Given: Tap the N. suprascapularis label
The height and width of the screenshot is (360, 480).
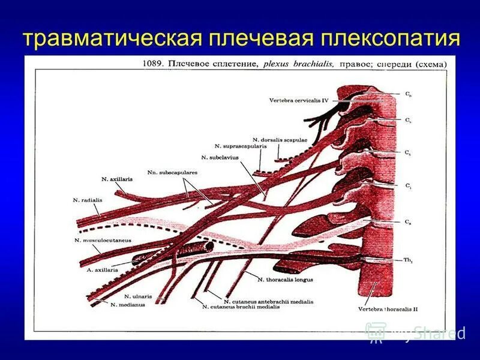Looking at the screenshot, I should [240, 146].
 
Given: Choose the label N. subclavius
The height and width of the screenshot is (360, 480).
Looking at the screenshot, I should [220, 157].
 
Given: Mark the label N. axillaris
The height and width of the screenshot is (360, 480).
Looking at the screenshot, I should [117, 179].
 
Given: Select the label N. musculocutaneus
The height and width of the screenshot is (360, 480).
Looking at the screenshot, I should [103, 240].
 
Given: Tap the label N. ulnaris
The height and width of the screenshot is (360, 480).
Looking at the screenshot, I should [138, 296].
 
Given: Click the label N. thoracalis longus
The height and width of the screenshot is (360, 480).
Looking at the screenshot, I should [285, 280].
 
